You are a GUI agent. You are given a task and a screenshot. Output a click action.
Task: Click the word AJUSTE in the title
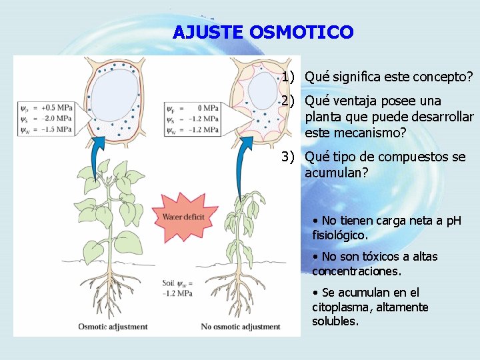pos(208,32)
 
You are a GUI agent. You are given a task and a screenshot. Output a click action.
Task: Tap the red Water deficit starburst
pos(183,217)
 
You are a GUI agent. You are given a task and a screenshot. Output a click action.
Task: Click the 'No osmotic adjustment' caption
pos(241,327)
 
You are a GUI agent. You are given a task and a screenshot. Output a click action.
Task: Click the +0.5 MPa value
pos(57,107)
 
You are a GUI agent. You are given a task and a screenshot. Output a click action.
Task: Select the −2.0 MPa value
pos(57,118)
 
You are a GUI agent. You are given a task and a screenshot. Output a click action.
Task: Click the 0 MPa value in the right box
pos(208,108)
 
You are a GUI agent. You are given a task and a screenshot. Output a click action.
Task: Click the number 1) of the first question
pos(288,77)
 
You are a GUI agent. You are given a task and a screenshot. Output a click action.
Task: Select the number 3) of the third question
pos(289,157)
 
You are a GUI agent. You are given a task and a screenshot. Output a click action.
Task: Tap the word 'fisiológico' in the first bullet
pos(339,235)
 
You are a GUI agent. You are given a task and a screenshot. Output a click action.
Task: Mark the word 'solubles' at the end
pos(335,321)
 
